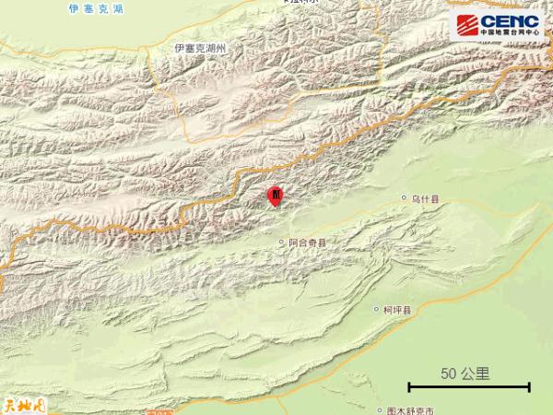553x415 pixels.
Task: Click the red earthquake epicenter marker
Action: pos(275,196)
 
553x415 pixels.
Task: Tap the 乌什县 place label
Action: pos(427,198)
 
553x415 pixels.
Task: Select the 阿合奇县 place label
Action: pos(308,243)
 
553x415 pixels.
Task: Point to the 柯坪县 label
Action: pos(401,310)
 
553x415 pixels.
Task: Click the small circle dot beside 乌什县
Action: pos(404,198)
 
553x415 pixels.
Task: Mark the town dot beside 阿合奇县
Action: pos(282,243)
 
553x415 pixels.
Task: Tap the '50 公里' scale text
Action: pos(465,373)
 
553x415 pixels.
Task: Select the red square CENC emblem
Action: pos(467,24)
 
